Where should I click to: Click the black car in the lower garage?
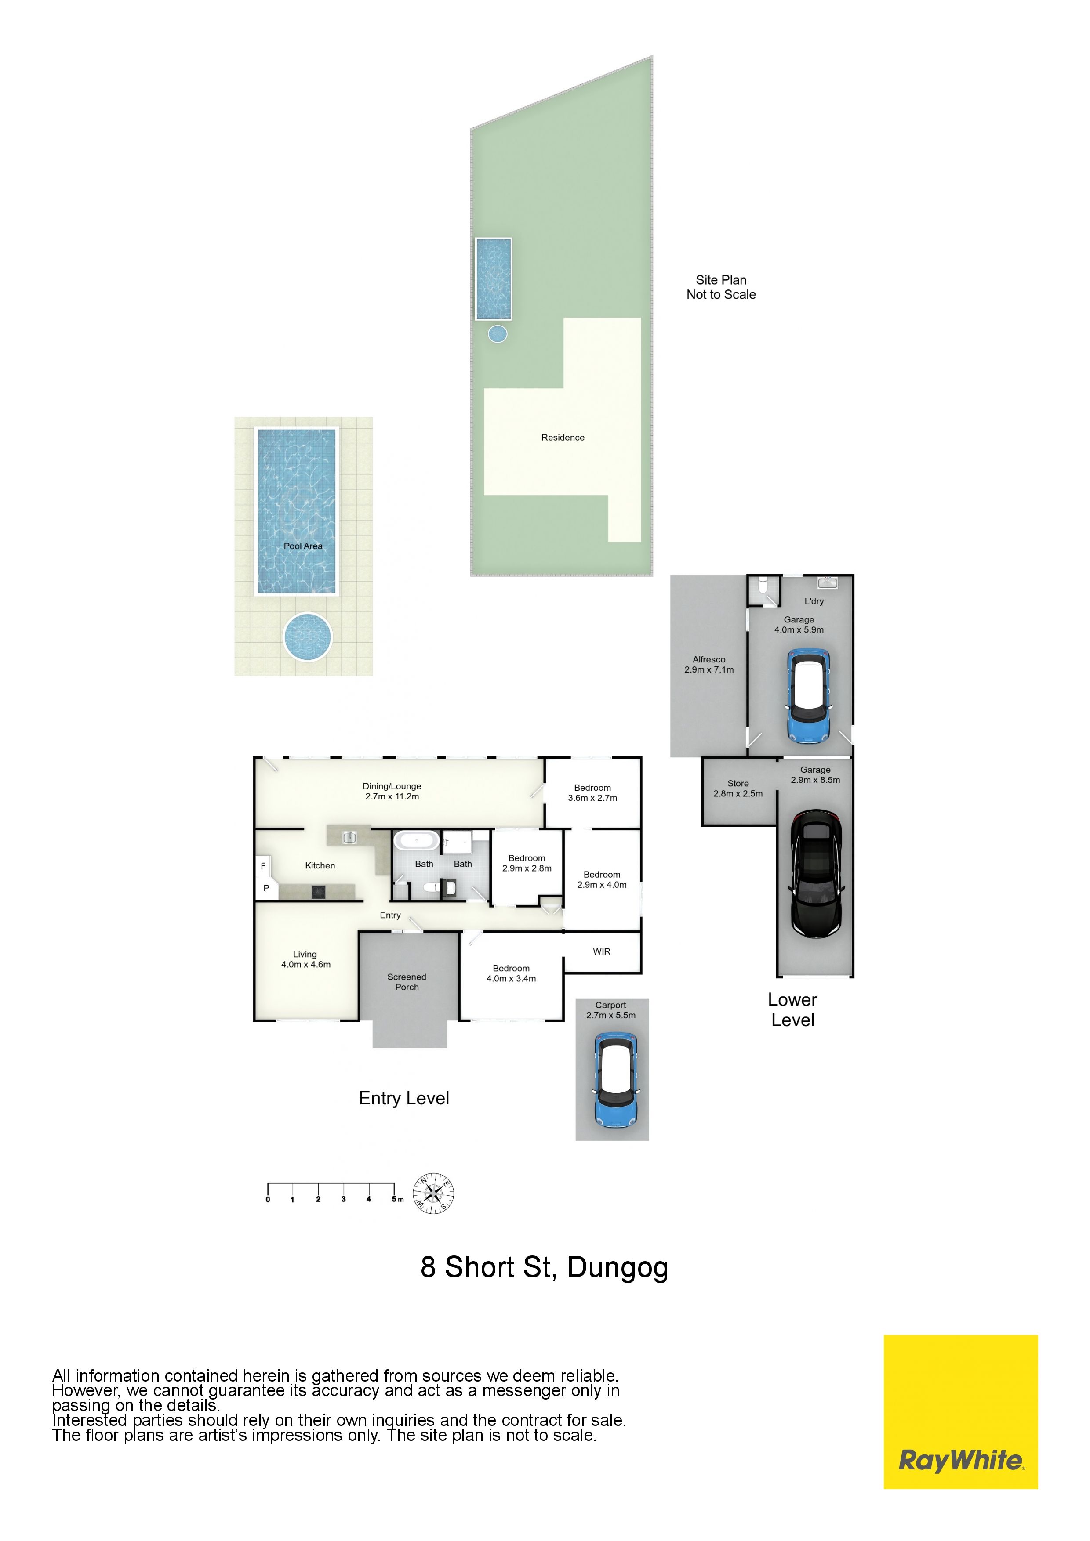(816, 874)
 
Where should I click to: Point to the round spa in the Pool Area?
(308, 636)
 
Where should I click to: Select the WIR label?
(602, 952)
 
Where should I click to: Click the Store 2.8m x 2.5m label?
(738, 789)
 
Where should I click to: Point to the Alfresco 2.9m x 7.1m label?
(709, 665)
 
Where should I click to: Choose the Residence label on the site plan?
(563, 438)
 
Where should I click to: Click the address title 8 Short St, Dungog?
(545, 1268)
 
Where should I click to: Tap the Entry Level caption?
(404, 1098)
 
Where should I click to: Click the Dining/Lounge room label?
(392, 791)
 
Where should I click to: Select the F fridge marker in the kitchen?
(263, 866)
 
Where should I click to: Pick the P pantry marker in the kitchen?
(266, 888)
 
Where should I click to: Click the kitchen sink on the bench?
(349, 836)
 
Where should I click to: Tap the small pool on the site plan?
(494, 279)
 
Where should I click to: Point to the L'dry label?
(814, 601)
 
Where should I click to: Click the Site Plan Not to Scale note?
(721, 287)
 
